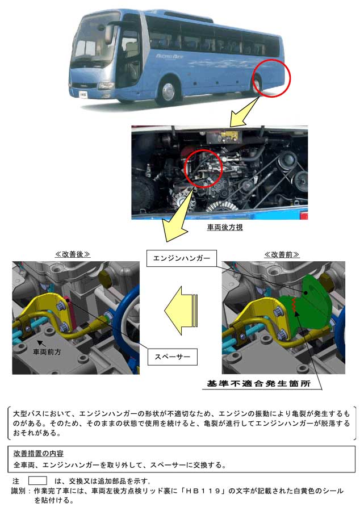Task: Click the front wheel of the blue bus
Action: (x=168, y=92)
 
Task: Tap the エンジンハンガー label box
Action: (x=182, y=258)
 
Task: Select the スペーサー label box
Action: (x=173, y=357)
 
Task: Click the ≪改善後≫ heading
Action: (x=72, y=254)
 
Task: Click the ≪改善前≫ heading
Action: (x=282, y=254)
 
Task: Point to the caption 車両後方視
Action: (x=225, y=227)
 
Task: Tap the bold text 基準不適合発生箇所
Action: (x=259, y=384)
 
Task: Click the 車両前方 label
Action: (x=47, y=352)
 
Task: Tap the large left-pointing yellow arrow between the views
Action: (x=181, y=311)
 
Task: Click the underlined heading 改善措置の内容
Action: (x=39, y=453)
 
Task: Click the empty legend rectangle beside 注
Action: (x=37, y=481)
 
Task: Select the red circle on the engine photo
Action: (x=203, y=169)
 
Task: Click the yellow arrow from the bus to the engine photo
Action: (x=245, y=111)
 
